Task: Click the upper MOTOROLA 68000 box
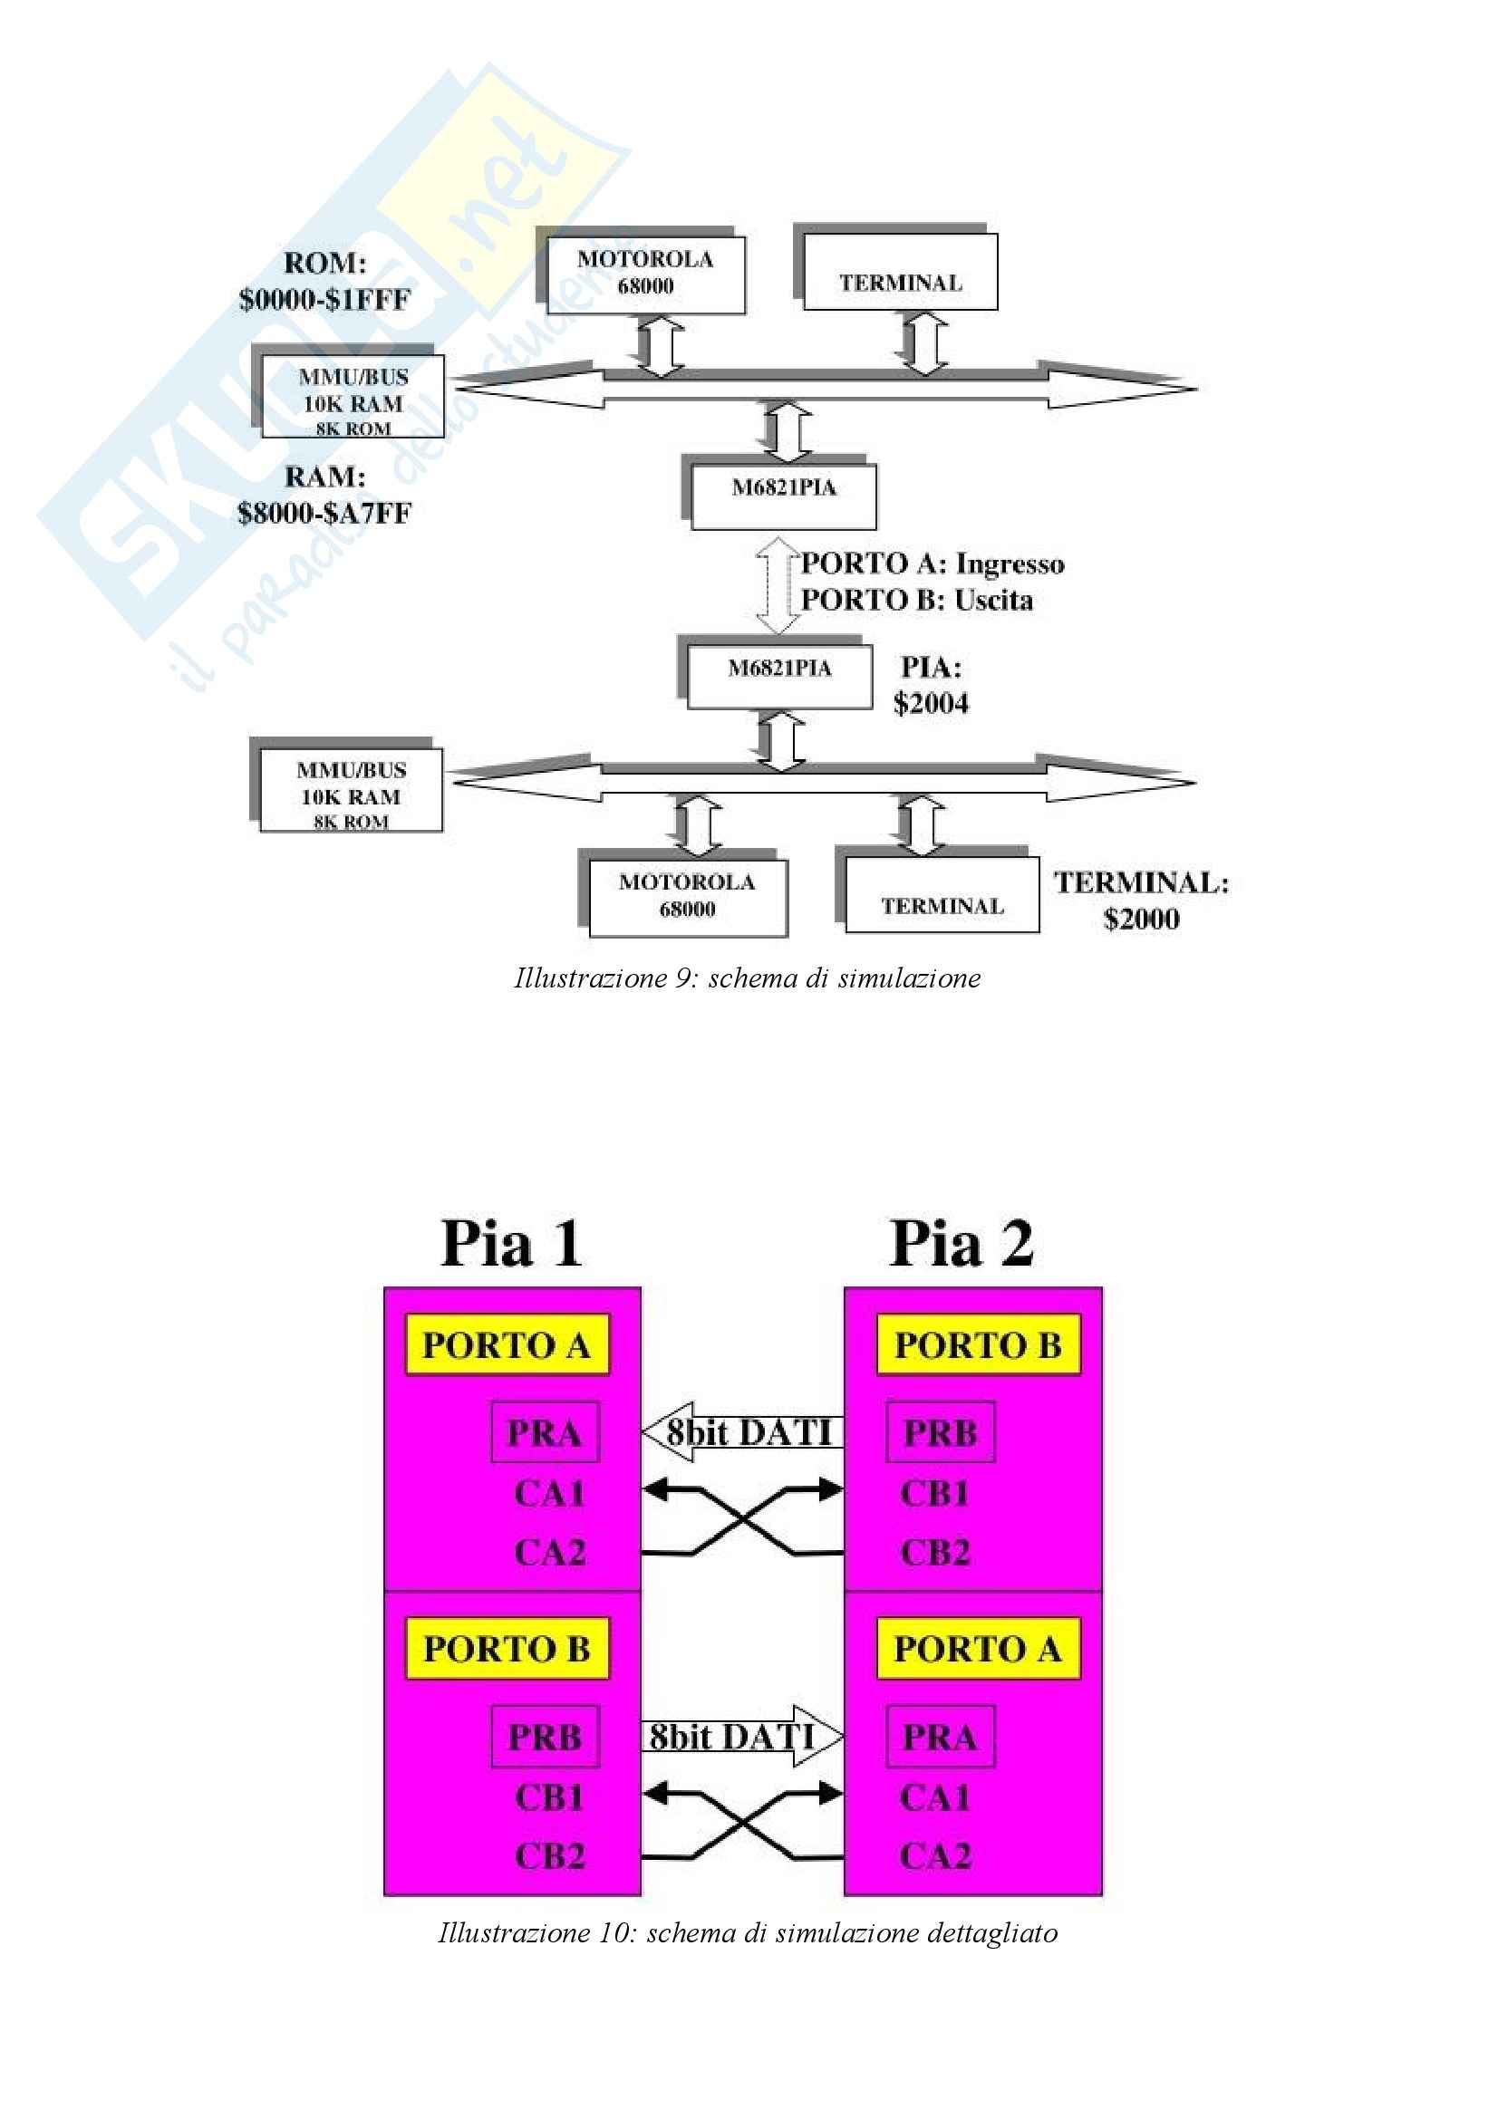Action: [645, 274]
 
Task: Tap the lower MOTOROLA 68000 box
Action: [688, 896]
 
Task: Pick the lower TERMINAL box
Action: [942, 895]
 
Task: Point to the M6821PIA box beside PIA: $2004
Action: [779, 677]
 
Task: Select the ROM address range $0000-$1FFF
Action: [324, 300]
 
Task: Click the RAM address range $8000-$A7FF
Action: [324, 513]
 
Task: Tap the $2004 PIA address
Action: [931, 704]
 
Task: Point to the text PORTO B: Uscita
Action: [916, 601]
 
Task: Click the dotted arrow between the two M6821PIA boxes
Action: [778, 585]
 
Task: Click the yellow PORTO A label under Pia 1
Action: [507, 1344]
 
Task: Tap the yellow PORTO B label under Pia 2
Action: [978, 1344]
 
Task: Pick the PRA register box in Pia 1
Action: [545, 1431]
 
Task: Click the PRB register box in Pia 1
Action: [545, 1736]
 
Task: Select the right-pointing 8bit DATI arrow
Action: [741, 1736]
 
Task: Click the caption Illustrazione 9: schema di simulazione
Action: [747, 978]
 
